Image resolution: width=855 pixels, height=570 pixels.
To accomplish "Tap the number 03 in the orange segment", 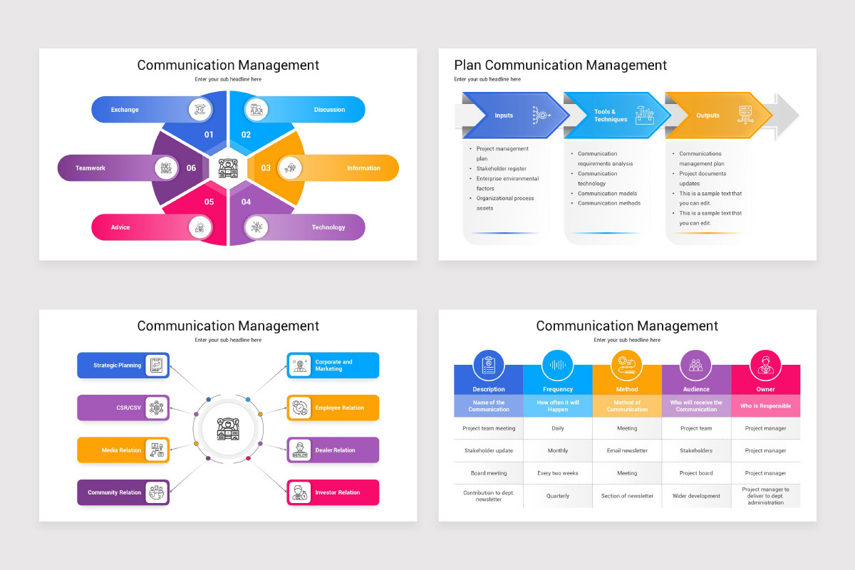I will (x=266, y=168).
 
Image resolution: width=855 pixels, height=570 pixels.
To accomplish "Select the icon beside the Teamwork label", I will (x=166, y=168).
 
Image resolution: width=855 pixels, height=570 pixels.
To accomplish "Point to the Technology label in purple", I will (x=328, y=227).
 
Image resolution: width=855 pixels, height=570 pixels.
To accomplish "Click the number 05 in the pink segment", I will (x=209, y=202).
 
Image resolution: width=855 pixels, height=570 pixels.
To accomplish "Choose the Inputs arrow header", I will (x=504, y=115).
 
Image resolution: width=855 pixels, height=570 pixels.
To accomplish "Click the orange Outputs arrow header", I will (x=708, y=115).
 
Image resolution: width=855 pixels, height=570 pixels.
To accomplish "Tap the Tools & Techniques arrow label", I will (x=611, y=115).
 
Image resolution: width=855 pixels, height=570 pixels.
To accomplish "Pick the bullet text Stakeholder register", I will (x=502, y=169).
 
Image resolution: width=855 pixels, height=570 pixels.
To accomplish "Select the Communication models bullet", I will (x=607, y=193).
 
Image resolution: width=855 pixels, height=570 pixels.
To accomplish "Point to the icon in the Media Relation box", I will (x=156, y=450).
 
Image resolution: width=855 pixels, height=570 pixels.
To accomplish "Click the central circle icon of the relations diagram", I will (x=228, y=429).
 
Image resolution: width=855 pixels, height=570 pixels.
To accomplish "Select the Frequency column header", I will (x=558, y=389).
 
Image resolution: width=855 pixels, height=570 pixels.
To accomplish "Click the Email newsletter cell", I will (x=627, y=450).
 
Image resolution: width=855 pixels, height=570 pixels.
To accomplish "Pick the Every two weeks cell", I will (x=558, y=473).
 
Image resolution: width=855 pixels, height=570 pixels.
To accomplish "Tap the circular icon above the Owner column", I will (x=765, y=366).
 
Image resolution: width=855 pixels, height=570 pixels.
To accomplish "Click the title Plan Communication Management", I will (x=560, y=66).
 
